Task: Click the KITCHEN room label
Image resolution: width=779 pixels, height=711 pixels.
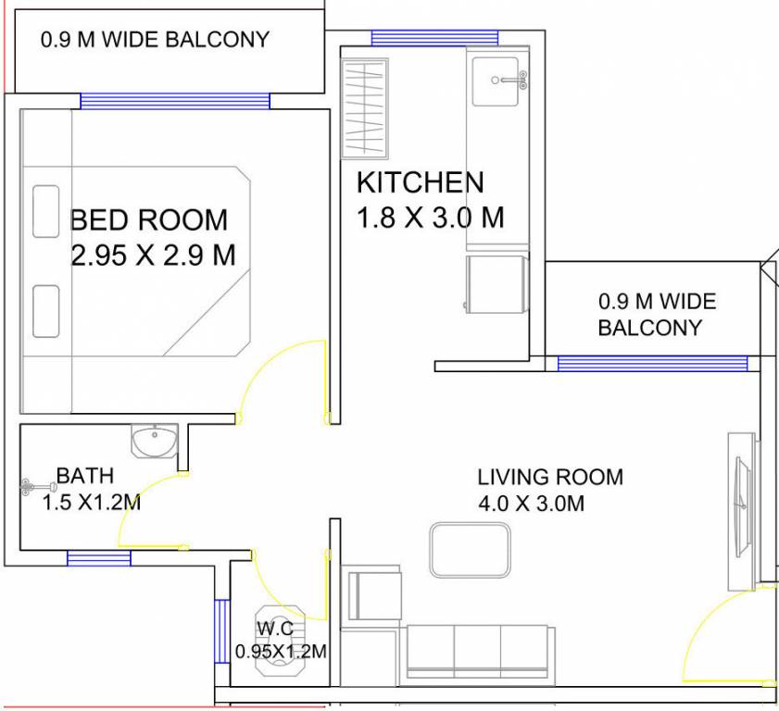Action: tap(420, 182)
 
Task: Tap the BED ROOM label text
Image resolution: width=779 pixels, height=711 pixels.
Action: tap(149, 220)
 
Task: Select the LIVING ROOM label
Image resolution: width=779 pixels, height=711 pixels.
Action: tap(550, 478)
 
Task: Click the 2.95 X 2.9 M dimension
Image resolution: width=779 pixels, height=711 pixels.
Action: tap(154, 255)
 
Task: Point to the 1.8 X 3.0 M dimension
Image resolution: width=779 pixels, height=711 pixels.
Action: tap(431, 218)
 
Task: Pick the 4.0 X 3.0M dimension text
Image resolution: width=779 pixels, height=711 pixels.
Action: tap(531, 505)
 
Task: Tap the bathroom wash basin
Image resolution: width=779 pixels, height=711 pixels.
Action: tap(153, 441)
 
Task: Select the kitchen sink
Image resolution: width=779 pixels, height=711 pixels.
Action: tap(496, 81)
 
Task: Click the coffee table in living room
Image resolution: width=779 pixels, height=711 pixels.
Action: tap(470, 551)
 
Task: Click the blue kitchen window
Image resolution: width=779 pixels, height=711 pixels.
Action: tap(434, 38)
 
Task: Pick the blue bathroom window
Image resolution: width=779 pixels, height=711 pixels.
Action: tap(98, 557)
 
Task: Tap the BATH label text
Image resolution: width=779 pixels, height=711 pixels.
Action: tap(85, 476)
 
